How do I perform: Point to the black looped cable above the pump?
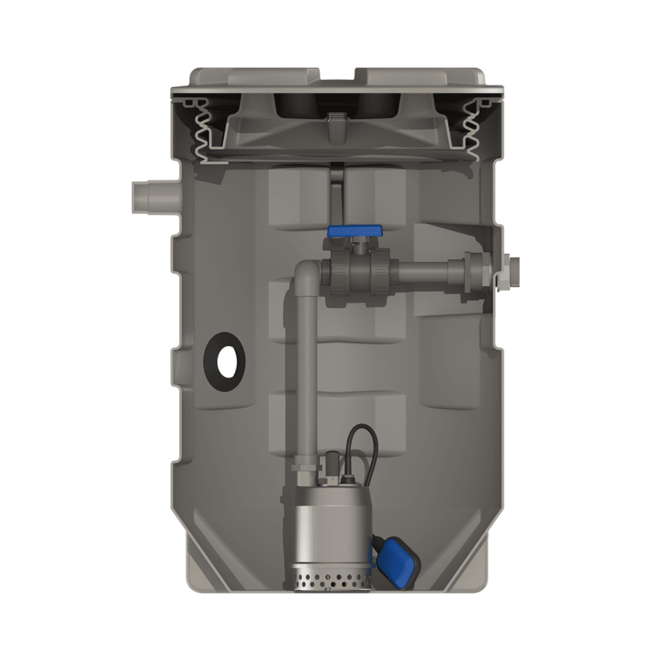[x=353, y=441]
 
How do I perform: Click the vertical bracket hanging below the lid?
[x=337, y=190]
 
